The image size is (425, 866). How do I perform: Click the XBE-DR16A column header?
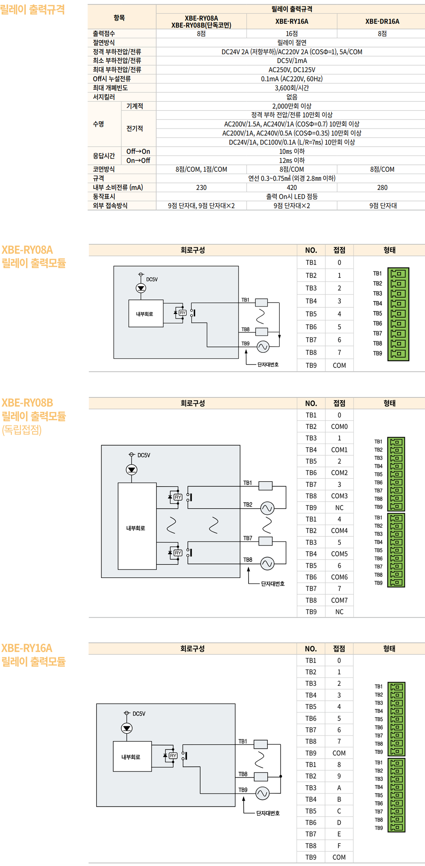click(382, 21)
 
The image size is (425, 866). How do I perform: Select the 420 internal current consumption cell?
click(291, 188)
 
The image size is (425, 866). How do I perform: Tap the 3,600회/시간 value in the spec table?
click(291, 88)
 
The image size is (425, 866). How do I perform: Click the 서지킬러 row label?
click(104, 97)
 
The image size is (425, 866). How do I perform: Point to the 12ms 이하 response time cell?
click(291, 160)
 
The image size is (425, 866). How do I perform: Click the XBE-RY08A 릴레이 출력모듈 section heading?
click(33, 256)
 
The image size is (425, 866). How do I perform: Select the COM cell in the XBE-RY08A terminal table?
click(339, 365)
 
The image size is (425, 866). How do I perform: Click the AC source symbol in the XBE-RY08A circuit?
click(263, 347)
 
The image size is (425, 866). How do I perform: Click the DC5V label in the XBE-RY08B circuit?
click(144, 455)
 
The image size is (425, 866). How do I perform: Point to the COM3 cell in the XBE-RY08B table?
click(339, 496)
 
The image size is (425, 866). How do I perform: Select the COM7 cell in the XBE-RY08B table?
click(339, 600)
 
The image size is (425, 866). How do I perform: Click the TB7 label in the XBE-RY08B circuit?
click(248, 538)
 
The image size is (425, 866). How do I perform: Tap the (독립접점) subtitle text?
click(22, 430)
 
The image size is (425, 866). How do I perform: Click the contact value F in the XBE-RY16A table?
click(339, 846)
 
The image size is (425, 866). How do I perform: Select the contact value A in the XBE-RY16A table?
click(339, 788)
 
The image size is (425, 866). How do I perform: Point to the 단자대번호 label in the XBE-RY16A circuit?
click(268, 813)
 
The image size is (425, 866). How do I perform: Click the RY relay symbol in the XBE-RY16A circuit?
click(173, 756)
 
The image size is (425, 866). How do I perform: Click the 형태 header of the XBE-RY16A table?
click(389, 648)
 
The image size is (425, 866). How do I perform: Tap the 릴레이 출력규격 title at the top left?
click(32, 9)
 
